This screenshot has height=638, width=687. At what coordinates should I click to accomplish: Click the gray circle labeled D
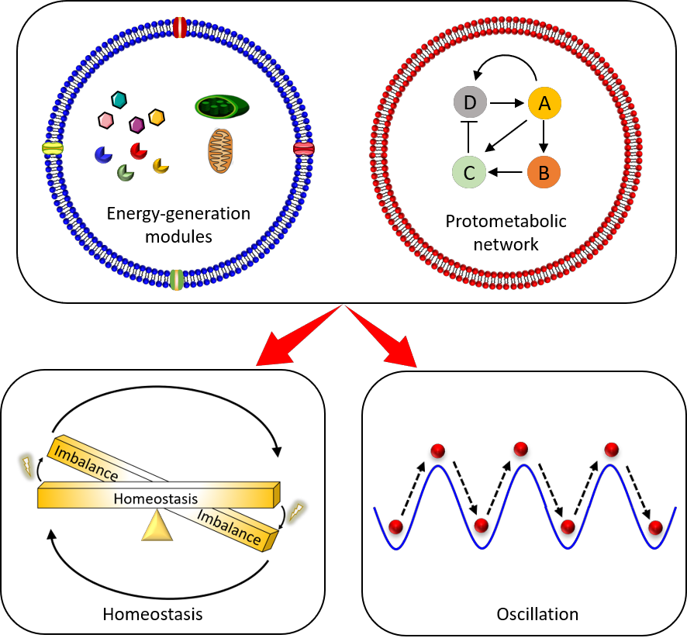point(470,102)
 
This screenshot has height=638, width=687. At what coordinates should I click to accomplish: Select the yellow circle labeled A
point(544,103)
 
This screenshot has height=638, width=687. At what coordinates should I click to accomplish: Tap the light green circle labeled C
point(469,172)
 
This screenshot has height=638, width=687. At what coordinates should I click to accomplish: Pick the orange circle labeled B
point(544,172)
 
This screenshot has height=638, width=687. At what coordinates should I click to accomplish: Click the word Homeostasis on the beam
point(156,498)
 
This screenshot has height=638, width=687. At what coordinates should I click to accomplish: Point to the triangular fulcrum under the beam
point(157,526)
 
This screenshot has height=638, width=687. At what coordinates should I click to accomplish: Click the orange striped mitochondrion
point(220,150)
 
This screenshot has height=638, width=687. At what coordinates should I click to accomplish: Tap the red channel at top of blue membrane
point(180,27)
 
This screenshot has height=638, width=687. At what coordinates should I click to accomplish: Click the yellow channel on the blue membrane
point(53,148)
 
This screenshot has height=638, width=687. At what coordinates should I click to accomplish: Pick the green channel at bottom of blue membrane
point(177,280)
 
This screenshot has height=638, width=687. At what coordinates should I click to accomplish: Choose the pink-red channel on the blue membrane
point(303,148)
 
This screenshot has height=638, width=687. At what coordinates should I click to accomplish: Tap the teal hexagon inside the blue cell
point(119,100)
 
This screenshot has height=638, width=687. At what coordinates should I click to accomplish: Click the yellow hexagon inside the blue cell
point(157,117)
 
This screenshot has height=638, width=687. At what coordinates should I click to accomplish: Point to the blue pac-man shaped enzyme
point(103,155)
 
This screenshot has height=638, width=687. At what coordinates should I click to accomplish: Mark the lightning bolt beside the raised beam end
point(27,466)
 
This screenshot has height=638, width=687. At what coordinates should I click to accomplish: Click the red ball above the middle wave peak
point(520,449)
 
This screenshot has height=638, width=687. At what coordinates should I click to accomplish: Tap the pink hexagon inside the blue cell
point(106,120)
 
